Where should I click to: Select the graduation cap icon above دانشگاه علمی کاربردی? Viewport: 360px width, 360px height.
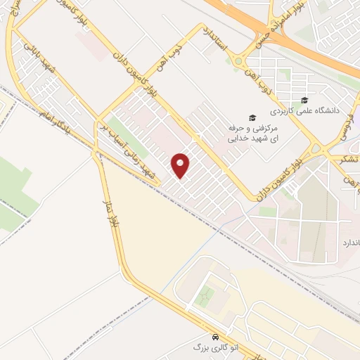tap(304, 100)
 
